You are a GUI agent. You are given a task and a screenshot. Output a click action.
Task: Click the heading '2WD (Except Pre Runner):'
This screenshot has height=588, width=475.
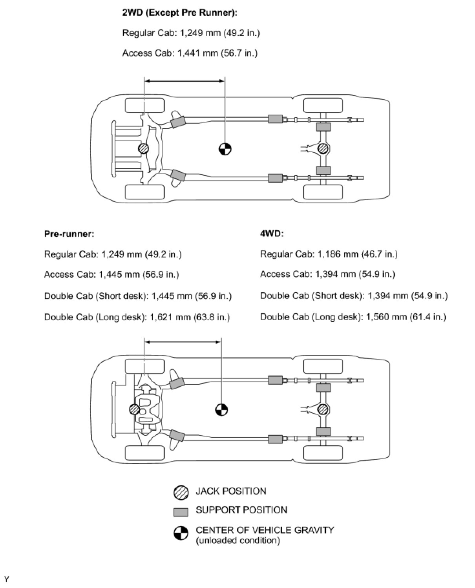point(180,13)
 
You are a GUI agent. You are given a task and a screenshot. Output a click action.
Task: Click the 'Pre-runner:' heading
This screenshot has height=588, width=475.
point(69,234)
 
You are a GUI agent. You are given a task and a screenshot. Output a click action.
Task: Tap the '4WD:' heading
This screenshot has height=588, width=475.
point(272,234)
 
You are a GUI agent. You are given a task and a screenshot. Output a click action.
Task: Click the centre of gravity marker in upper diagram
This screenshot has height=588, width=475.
point(225,149)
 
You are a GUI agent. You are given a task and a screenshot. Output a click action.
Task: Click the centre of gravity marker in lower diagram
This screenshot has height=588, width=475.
point(221,410)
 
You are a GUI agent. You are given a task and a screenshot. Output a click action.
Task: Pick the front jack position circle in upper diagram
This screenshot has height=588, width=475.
point(144,148)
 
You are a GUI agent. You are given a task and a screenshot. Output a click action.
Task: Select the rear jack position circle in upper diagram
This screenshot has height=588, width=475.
point(323,148)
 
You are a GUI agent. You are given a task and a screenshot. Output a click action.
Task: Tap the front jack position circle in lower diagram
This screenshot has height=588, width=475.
point(134,409)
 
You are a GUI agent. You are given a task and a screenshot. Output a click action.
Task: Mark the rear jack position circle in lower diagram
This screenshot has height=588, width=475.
point(323,409)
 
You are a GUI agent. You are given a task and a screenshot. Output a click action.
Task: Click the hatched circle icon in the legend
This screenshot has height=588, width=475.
point(181,493)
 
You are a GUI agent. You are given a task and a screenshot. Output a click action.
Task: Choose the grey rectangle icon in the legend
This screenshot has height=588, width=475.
point(181,512)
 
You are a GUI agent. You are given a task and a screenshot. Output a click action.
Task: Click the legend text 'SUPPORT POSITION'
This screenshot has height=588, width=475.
point(241,510)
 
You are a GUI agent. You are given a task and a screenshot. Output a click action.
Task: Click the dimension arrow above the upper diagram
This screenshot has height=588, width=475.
point(184,81)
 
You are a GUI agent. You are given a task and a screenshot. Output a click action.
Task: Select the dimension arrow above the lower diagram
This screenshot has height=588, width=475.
point(183,342)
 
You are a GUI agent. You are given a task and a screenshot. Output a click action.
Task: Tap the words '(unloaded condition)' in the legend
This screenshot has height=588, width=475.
point(238,541)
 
